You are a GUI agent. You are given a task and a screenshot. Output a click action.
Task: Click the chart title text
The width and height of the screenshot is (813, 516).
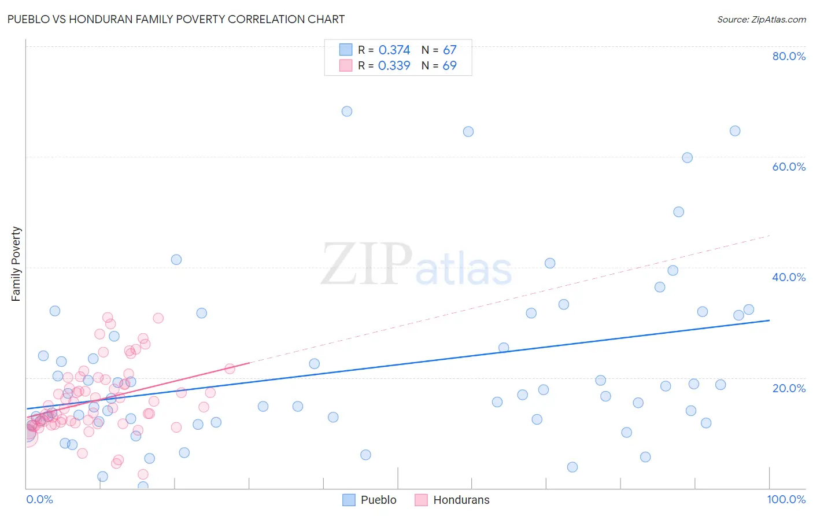coord(176,19)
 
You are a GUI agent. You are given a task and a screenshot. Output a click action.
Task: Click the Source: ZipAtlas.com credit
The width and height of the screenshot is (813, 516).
coord(761,19)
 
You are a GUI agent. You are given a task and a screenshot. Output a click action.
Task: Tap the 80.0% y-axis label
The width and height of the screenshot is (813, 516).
coord(789,56)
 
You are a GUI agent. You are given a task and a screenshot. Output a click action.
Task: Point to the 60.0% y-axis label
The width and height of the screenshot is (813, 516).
coord(789,167)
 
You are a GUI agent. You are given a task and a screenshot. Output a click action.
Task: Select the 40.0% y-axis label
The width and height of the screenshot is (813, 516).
coord(789,277)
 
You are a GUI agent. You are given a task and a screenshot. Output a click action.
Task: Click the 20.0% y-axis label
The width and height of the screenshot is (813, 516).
coord(789,388)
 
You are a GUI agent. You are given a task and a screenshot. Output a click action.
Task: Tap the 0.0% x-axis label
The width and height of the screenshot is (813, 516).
coord(39,499)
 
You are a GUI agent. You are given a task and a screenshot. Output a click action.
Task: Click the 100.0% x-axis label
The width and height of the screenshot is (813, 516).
coord(786,499)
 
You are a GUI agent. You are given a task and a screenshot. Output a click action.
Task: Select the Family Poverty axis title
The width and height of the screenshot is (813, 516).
coord(16,264)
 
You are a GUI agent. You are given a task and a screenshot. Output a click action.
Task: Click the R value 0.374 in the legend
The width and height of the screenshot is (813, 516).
coord(394,50)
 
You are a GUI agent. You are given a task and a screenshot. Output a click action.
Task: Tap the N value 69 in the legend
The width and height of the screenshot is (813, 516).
coord(449,66)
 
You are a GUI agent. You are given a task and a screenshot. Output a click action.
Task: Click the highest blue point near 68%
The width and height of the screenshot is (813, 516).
coord(347,111)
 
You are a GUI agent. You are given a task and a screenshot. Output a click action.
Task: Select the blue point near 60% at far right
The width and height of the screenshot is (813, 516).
coord(687,157)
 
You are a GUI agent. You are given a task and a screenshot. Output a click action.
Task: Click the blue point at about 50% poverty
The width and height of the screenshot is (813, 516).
coord(679,212)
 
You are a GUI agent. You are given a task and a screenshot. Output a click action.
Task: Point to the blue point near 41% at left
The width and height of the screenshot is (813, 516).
coord(176,260)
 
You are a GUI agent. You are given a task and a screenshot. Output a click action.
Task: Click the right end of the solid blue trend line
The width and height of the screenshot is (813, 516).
coord(769,320)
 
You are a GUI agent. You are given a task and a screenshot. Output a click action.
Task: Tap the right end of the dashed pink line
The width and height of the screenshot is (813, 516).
coord(769,235)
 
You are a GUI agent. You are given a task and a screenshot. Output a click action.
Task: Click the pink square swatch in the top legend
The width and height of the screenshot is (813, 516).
coord(346,65)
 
